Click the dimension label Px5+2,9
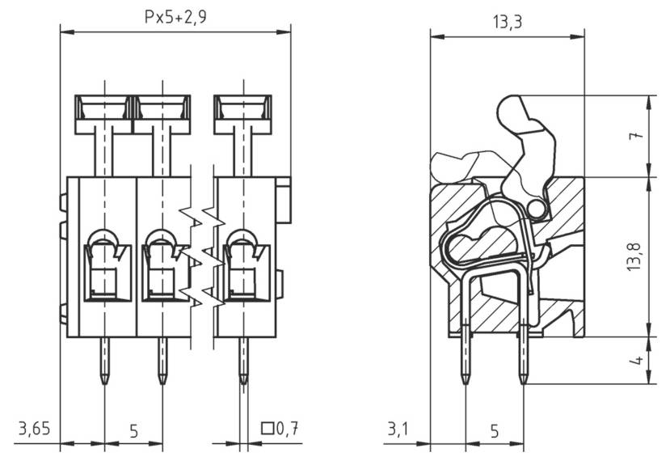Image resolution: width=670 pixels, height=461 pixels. tap(175, 16)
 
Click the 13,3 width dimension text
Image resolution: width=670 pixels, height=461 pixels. tap(506, 22)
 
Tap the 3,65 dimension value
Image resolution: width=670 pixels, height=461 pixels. tap(33, 429)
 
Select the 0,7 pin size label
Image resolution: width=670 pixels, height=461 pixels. tap(288, 429)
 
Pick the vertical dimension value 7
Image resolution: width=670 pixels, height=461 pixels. tap(637, 136)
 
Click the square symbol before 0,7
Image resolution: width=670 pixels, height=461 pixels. tap(268, 429)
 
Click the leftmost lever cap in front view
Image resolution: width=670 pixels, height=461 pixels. tap(103, 113)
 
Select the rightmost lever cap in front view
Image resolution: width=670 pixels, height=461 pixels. tap(242, 113)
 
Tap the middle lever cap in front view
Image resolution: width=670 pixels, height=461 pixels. tap(162, 113)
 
